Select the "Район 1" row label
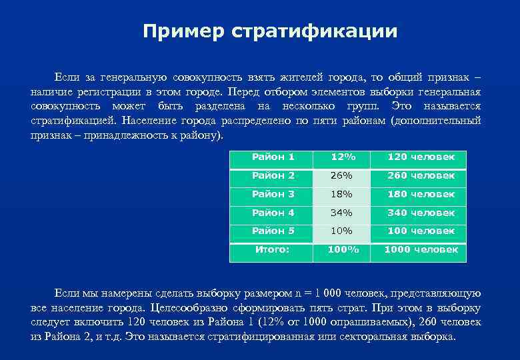273,157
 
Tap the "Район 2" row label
273,176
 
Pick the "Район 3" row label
273,195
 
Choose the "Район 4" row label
273,213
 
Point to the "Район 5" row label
273,231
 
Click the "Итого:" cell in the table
273,250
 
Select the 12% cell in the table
343,157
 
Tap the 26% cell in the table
343,176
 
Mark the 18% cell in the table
343,195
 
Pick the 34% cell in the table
343,213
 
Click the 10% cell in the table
343,231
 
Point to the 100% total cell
343,250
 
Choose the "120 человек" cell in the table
421,157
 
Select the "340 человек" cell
421,213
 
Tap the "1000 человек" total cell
421,250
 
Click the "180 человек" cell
421,195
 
